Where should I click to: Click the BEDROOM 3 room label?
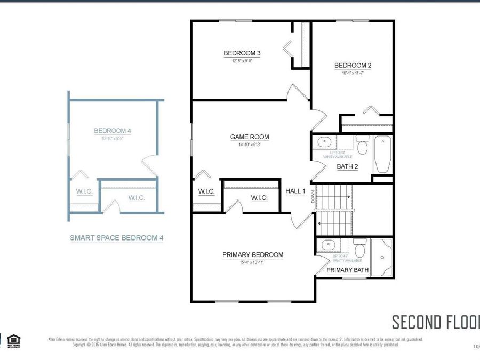(242, 53)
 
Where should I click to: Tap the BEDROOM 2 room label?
(353, 66)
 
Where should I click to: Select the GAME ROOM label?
(250, 137)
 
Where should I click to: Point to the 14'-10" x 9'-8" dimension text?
(250, 145)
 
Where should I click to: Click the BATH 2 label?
(347, 166)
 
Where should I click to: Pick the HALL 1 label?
(295, 191)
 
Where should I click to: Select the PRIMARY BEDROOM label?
(253, 255)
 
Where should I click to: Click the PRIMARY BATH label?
(347, 270)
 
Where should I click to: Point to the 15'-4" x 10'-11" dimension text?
(253, 262)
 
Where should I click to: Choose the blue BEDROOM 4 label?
(113, 131)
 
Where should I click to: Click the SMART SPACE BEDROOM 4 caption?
(117, 238)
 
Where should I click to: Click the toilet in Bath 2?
(363, 146)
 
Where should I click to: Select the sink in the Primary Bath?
(325, 246)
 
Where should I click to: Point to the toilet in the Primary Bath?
(360, 248)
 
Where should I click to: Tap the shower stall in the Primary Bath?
(382, 258)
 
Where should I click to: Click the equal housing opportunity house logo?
(14, 340)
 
